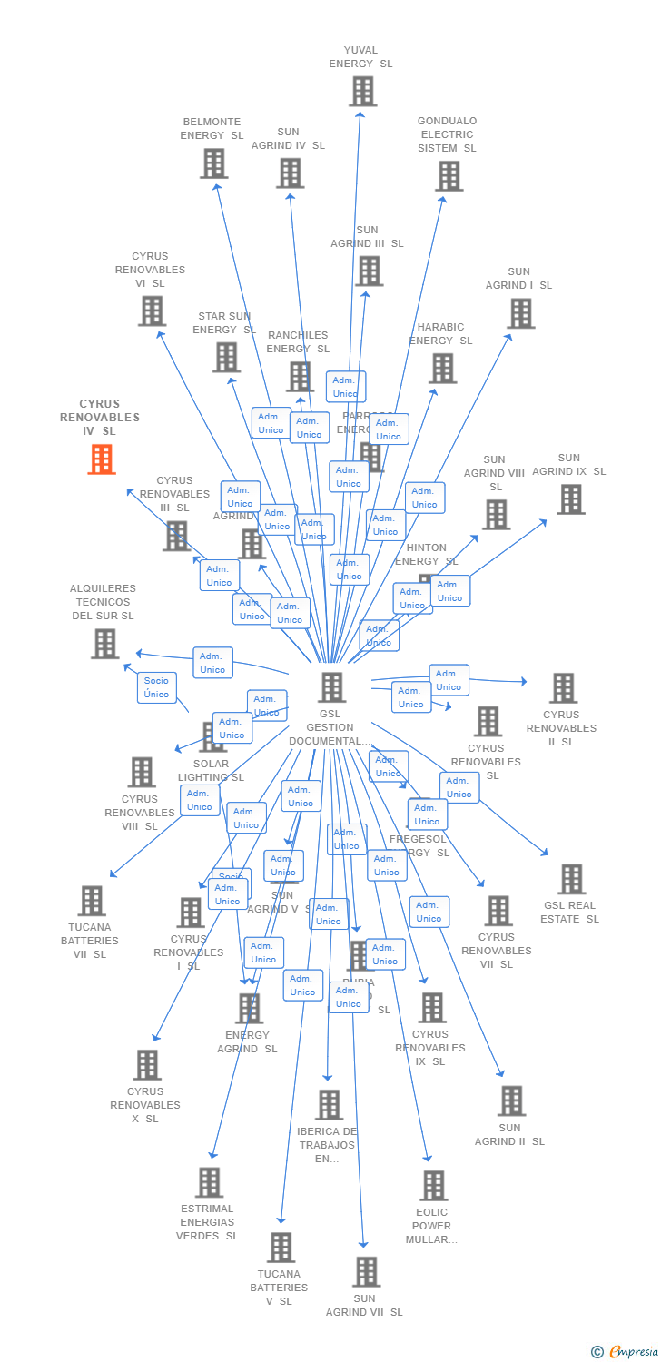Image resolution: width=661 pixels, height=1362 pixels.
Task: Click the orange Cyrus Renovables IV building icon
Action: (102, 459)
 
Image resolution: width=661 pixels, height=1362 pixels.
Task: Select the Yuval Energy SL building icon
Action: (362, 92)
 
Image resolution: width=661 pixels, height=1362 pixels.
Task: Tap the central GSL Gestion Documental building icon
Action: (332, 687)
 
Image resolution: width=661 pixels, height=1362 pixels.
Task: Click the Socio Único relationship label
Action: (156, 687)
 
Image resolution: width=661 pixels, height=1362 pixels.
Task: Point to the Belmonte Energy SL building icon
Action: (213, 163)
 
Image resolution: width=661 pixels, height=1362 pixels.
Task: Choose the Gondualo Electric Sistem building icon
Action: (449, 176)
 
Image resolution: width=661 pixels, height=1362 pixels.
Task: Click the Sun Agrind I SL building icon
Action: (520, 313)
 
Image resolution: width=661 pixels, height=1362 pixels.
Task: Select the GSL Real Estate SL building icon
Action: (571, 879)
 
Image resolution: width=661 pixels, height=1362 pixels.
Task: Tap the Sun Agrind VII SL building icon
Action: (366, 1272)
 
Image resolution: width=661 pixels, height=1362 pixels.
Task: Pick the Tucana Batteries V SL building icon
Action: (281, 1248)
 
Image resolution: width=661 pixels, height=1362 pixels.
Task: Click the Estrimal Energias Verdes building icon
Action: (210, 1182)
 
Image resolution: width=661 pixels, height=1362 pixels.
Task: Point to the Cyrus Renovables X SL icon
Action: (147, 1065)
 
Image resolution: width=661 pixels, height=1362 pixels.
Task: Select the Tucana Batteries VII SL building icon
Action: (92, 901)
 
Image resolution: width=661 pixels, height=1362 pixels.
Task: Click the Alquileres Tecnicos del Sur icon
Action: (104, 644)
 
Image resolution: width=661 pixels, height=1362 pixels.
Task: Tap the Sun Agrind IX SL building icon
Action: (570, 499)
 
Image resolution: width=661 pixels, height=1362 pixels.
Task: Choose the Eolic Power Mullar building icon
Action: (433, 1186)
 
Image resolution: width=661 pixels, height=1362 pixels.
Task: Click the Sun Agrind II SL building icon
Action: (511, 1100)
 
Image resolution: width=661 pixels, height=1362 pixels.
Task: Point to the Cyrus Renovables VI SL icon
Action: (152, 311)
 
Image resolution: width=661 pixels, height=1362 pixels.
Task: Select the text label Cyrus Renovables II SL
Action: (561, 728)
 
